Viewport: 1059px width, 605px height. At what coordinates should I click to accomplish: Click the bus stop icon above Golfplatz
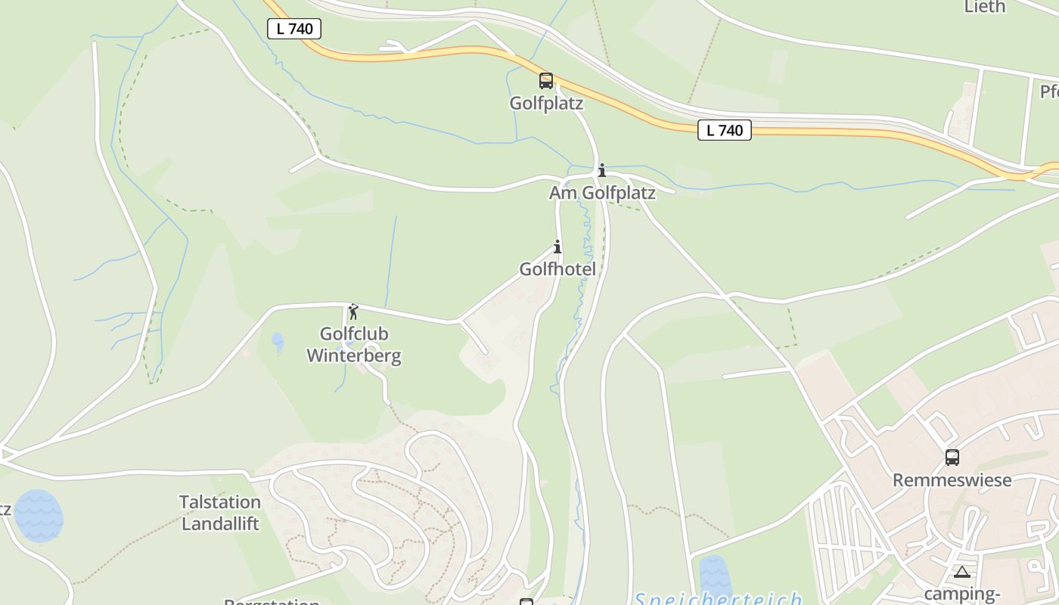[545, 80]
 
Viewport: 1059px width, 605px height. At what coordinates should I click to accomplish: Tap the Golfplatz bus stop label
[546, 104]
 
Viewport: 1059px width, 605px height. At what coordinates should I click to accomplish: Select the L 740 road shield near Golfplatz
[724, 130]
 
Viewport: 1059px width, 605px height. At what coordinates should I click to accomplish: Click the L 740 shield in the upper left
[294, 29]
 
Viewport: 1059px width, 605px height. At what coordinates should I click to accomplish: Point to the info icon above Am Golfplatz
[602, 170]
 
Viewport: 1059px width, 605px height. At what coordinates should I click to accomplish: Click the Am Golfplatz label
[602, 193]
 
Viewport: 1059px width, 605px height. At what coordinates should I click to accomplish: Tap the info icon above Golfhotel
[557, 247]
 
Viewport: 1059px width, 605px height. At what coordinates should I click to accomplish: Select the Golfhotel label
[557, 269]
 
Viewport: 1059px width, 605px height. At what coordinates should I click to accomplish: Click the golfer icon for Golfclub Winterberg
[352, 311]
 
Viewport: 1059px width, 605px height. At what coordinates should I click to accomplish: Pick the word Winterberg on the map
[354, 355]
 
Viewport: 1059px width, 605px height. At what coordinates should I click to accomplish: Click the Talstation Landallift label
[220, 513]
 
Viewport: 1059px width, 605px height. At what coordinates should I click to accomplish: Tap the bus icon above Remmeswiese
[952, 457]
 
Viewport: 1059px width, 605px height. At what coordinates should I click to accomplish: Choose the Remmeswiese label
[952, 480]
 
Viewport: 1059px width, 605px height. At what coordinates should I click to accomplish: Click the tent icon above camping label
[961, 572]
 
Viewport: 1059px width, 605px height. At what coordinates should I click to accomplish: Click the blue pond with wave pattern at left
[39, 515]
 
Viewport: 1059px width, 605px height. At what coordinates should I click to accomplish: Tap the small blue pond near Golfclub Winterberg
[278, 342]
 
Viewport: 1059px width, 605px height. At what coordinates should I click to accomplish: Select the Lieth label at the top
[985, 7]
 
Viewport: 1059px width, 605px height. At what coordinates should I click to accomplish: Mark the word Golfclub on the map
[354, 334]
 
